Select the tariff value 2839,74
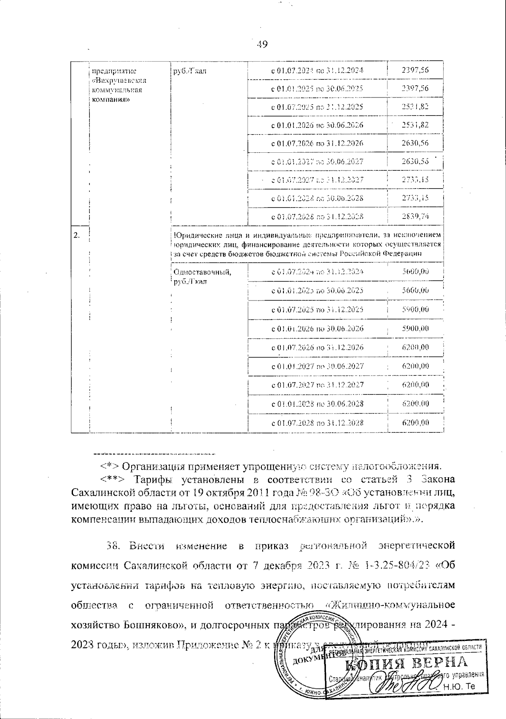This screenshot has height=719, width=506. (x=415, y=216)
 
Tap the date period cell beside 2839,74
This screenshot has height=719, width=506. (x=317, y=216)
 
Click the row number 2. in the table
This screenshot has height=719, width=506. (x=77, y=235)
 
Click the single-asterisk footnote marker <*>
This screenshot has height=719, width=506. (x=106, y=467)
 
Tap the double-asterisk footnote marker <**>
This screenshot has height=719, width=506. (x=111, y=480)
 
